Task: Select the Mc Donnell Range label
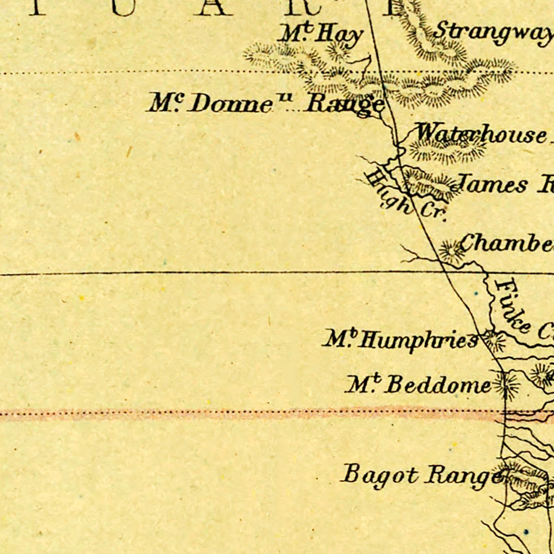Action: click(265, 104)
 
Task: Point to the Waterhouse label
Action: click(480, 134)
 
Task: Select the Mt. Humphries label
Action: click(401, 339)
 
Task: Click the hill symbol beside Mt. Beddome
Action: click(507, 385)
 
